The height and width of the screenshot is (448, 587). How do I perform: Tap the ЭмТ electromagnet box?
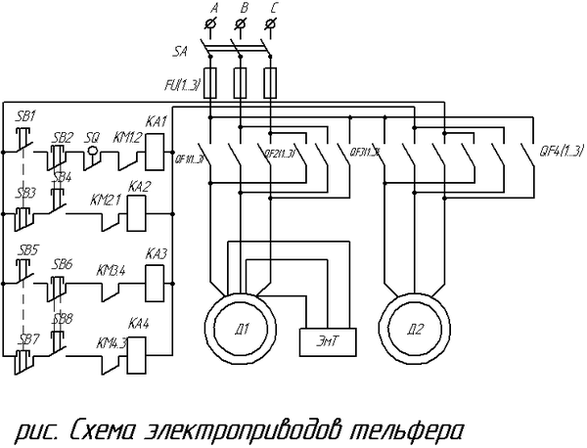(x=327, y=339)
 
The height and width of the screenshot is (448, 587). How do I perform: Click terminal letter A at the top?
(x=213, y=8)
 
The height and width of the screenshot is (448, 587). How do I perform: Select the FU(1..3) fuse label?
(x=184, y=86)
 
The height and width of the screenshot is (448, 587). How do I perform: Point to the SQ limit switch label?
(x=93, y=138)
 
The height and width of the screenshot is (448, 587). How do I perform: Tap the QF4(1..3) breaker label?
(x=562, y=150)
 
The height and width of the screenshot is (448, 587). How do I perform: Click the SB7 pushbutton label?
(x=27, y=338)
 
